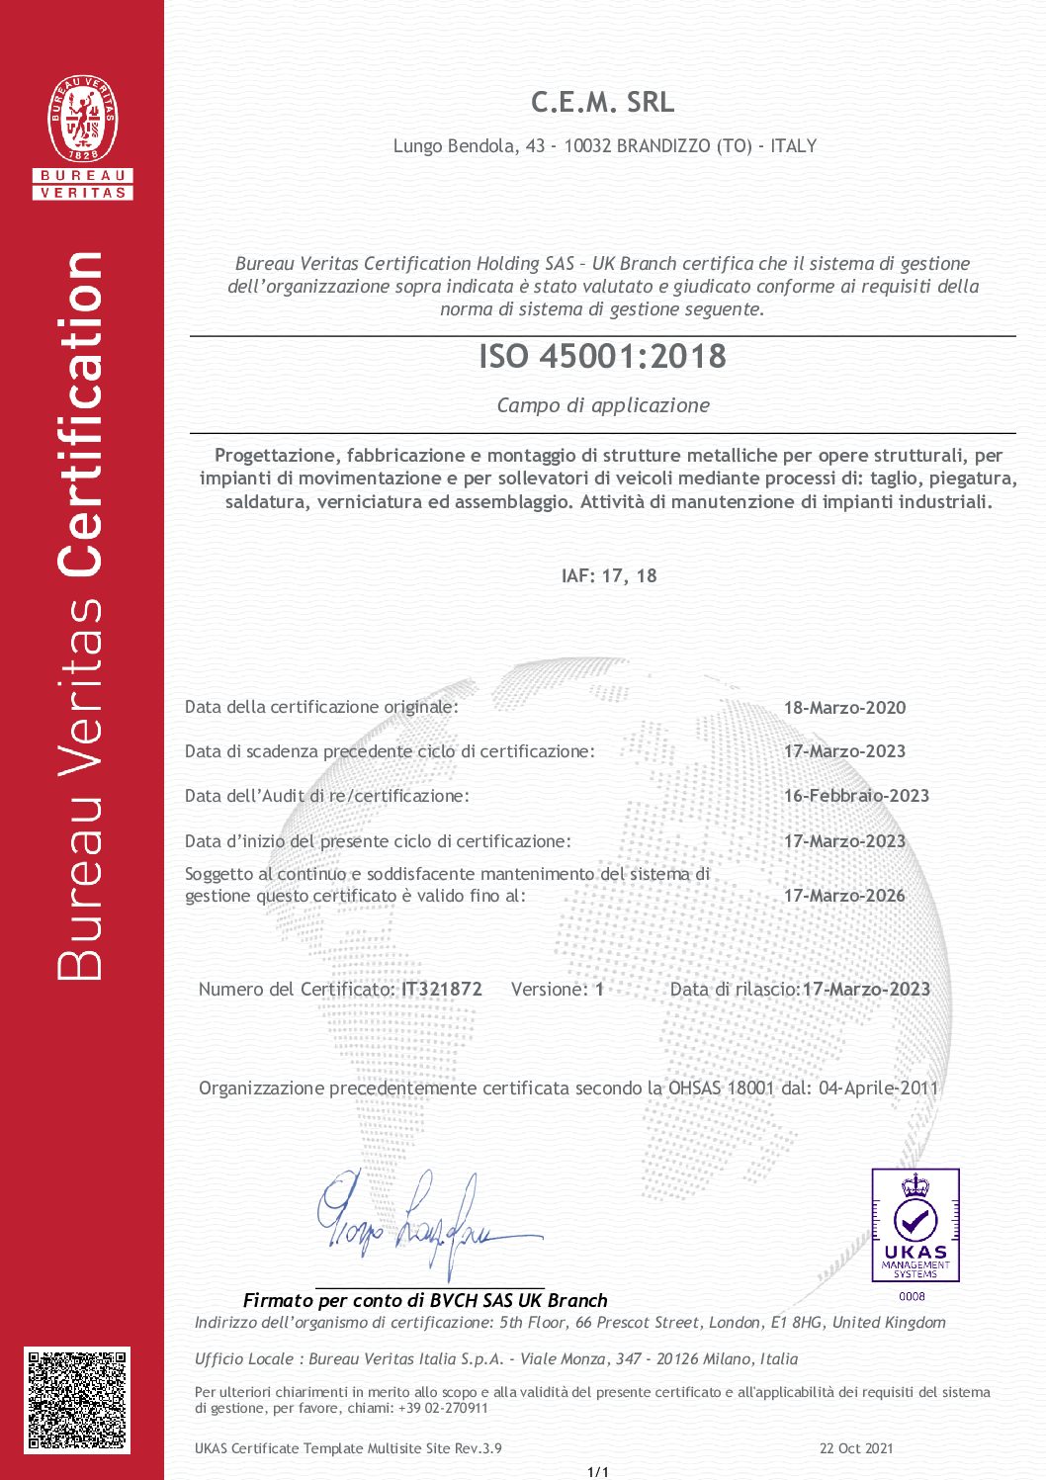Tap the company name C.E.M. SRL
pos(602,102)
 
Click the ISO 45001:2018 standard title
pos(602,356)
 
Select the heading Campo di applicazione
pos(603,405)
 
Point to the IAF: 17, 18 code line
pos(608,575)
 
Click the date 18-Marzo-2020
pos(844,708)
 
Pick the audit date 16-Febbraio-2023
pos(856,796)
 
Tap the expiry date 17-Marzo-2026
pos(844,896)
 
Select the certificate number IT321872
pos(442,989)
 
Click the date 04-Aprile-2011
pos(878,1088)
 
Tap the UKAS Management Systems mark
pos(915,1225)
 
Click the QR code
pos(78,1399)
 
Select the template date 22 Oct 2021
pos(856,1448)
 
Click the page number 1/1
pos(598,1472)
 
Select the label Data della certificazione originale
pos(321,707)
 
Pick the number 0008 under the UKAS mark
pos(912,1296)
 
